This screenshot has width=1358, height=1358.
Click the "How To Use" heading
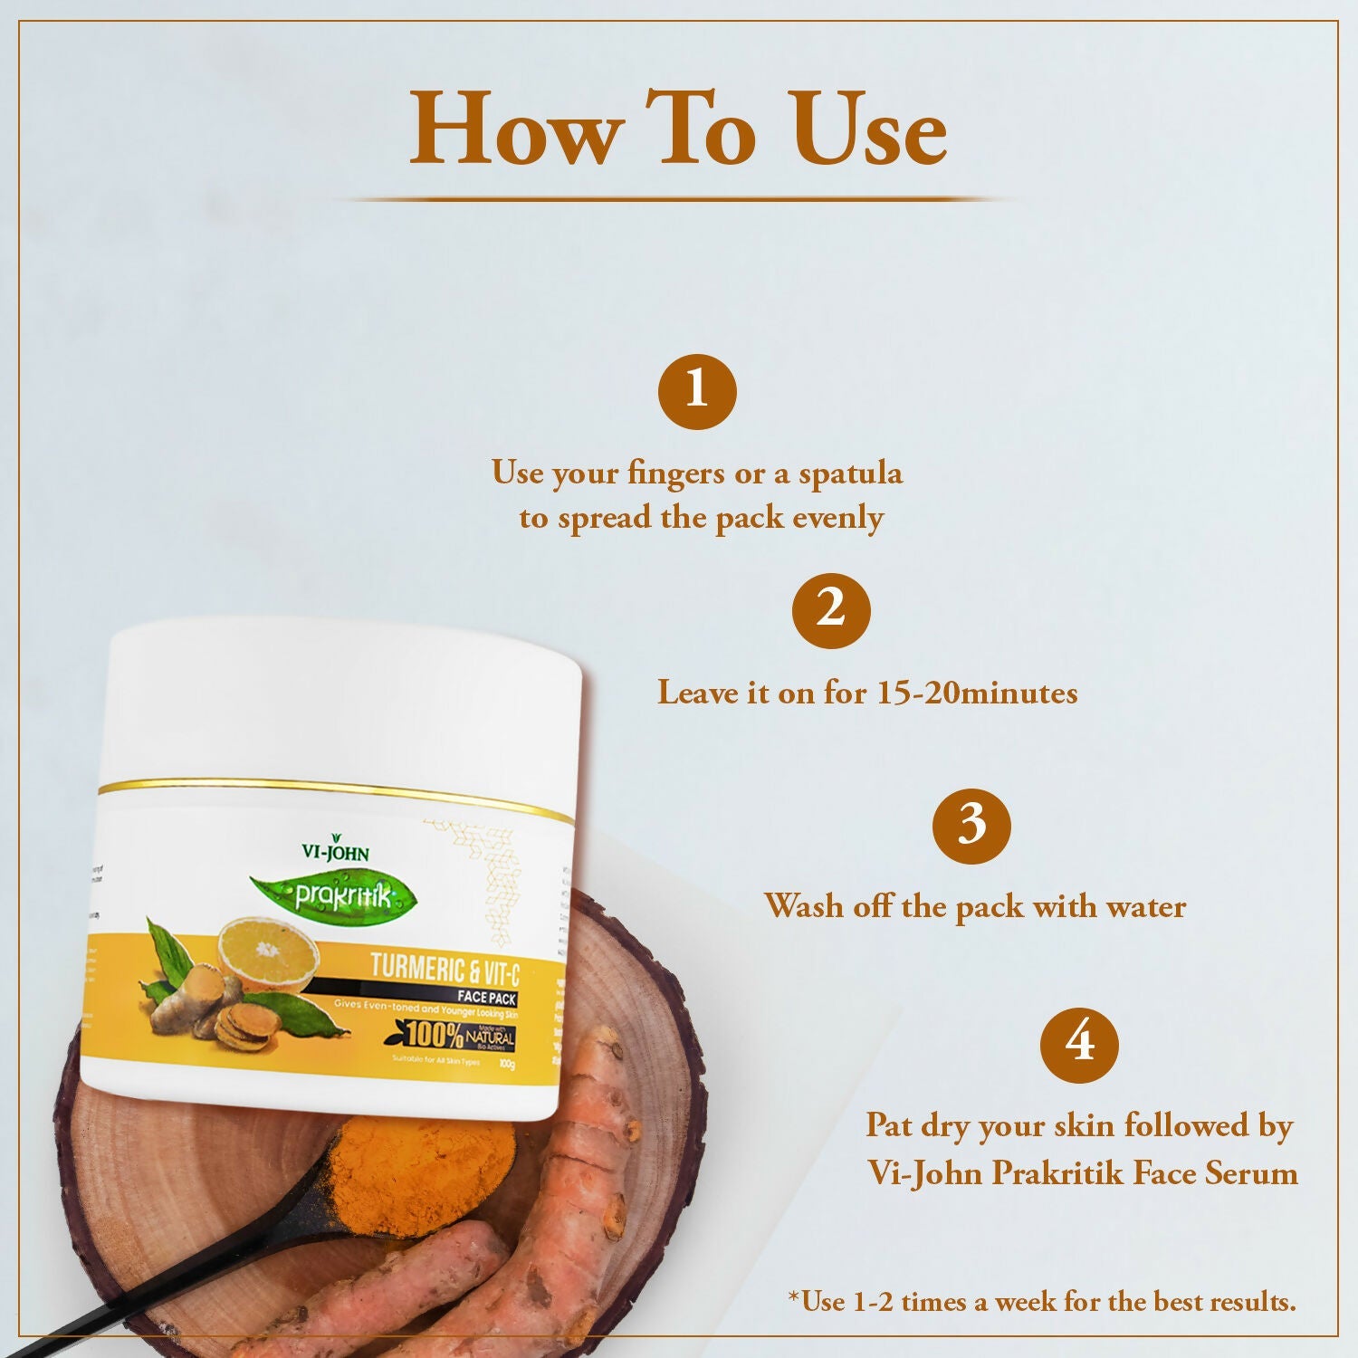[x=678, y=129]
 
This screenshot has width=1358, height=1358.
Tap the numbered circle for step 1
[x=696, y=391]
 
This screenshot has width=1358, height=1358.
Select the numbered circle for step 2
[x=830, y=609]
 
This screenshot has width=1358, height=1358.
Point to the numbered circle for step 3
[x=971, y=825]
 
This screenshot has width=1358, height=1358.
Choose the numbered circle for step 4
[x=1079, y=1044]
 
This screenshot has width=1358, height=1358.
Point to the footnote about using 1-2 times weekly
[x=1041, y=1301]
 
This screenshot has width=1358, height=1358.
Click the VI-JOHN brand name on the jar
[x=335, y=851]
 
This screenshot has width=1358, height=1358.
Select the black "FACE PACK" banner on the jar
[x=486, y=997]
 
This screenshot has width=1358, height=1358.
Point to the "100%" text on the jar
[x=434, y=1034]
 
